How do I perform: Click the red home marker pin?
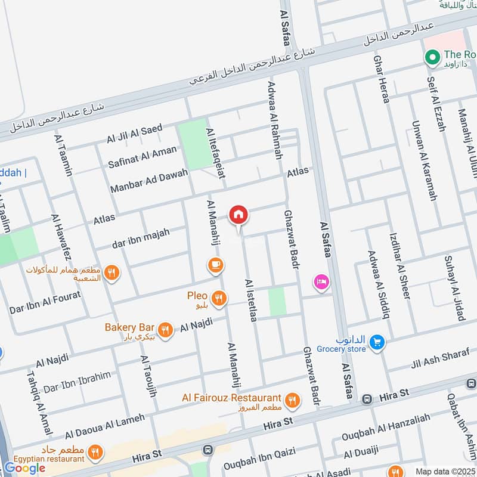(x=238, y=215)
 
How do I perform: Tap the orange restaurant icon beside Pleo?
(x=220, y=296)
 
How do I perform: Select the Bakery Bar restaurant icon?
(x=165, y=329)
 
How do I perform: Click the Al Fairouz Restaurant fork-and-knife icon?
(x=292, y=399)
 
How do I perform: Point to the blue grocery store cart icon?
(x=376, y=342)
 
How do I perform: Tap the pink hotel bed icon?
(x=321, y=283)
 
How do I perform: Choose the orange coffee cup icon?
(x=215, y=264)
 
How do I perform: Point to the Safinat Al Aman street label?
(x=143, y=157)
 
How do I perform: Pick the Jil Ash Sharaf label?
(x=440, y=359)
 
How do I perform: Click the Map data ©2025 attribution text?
(x=445, y=471)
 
